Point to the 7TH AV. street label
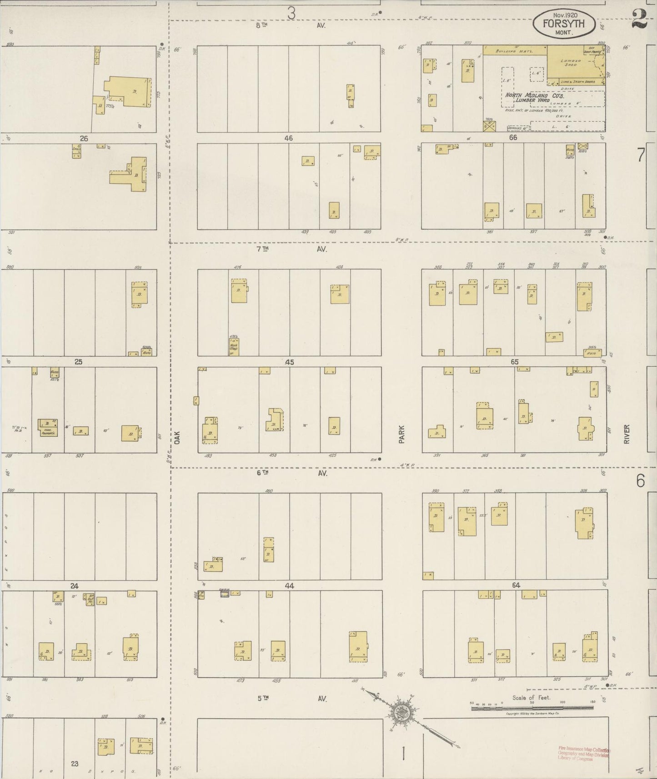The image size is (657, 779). (291, 249)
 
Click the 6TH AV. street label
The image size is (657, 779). (291, 473)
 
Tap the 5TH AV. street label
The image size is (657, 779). (291, 699)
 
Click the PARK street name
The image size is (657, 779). (401, 434)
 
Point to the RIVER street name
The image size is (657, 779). (627, 434)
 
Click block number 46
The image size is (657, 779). (288, 138)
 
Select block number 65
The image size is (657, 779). (514, 362)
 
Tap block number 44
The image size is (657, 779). (289, 586)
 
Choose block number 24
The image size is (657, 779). (74, 586)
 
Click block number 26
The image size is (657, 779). (84, 139)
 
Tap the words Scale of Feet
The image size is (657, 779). (531, 698)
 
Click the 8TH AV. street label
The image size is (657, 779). (291, 26)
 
